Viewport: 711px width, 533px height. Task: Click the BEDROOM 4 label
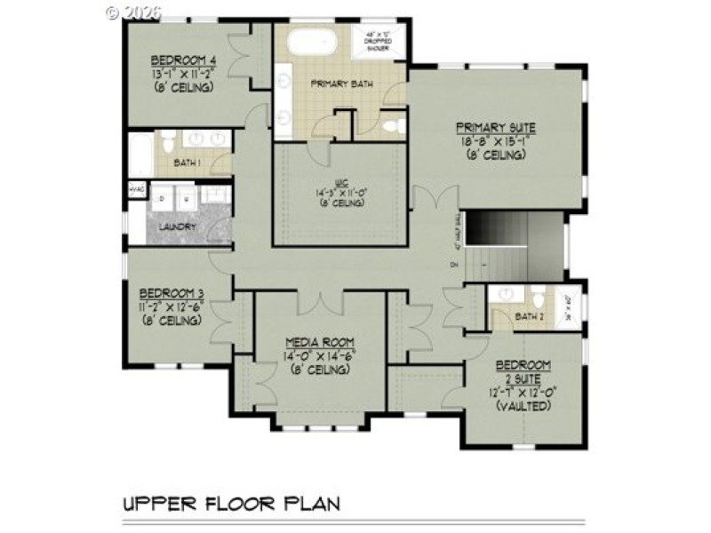coord(185,60)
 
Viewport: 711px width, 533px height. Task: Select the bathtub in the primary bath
coord(311,42)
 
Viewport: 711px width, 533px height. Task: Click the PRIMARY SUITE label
coord(495,127)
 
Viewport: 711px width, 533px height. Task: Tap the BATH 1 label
coord(187,163)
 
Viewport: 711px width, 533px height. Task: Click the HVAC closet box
coord(136,189)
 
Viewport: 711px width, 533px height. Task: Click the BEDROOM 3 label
coord(172,294)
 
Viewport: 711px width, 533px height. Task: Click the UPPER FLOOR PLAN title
coord(232,504)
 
